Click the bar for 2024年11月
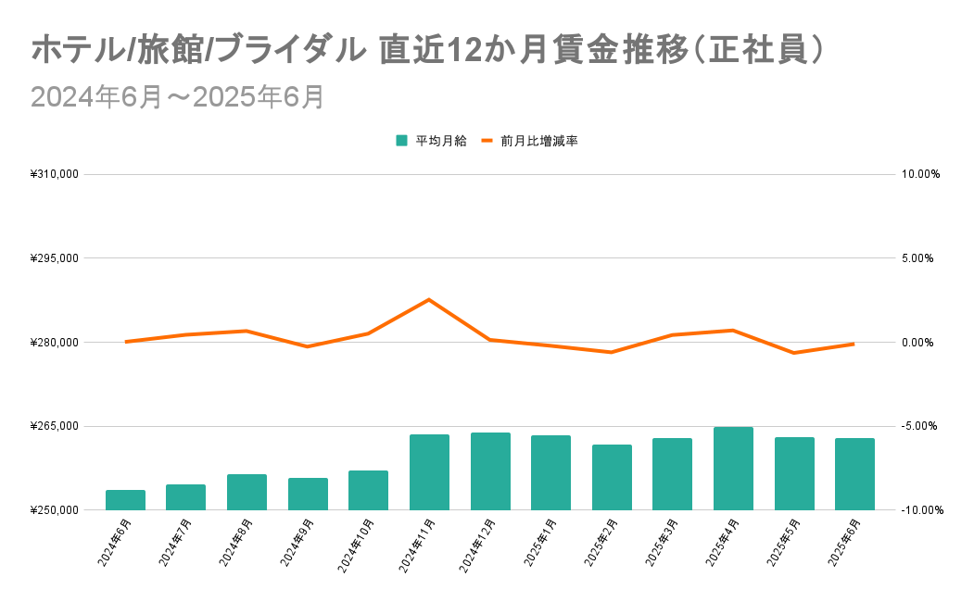[429, 472]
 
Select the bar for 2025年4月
[733, 469]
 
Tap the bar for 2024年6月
[125, 500]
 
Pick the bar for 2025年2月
[612, 477]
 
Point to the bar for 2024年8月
[247, 492]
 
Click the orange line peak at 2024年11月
[429, 299]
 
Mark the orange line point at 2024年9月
[308, 346]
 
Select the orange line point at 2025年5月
[793, 353]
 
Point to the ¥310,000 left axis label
[55, 174]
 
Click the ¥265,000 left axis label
[55, 426]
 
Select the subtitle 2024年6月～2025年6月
[177, 97]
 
